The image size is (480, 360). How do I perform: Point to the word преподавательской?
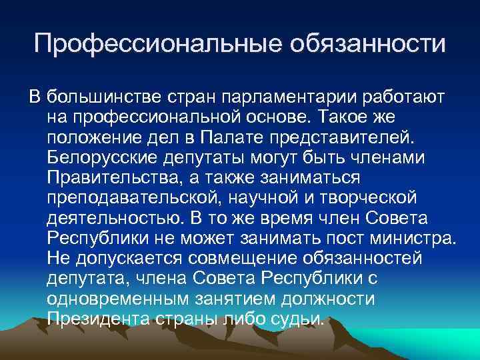click(130, 198)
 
